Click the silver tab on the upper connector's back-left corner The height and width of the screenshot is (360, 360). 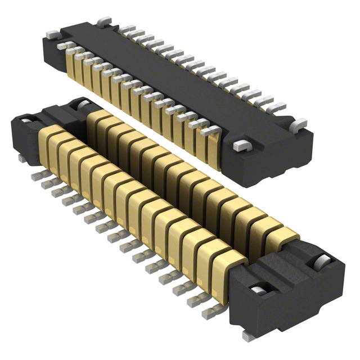coord(102,22)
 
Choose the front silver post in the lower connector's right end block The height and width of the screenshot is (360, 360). coord(258,291)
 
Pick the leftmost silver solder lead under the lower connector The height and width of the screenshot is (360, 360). coord(34,176)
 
